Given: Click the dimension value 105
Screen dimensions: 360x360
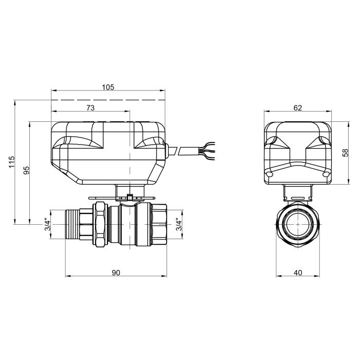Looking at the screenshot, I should tap(107, 87).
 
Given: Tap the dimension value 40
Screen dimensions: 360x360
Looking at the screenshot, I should tap(298, 273).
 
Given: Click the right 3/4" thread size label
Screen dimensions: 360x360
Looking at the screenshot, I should tap(178, 225).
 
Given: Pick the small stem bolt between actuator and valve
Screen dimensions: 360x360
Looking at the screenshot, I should tap(130, 196).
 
